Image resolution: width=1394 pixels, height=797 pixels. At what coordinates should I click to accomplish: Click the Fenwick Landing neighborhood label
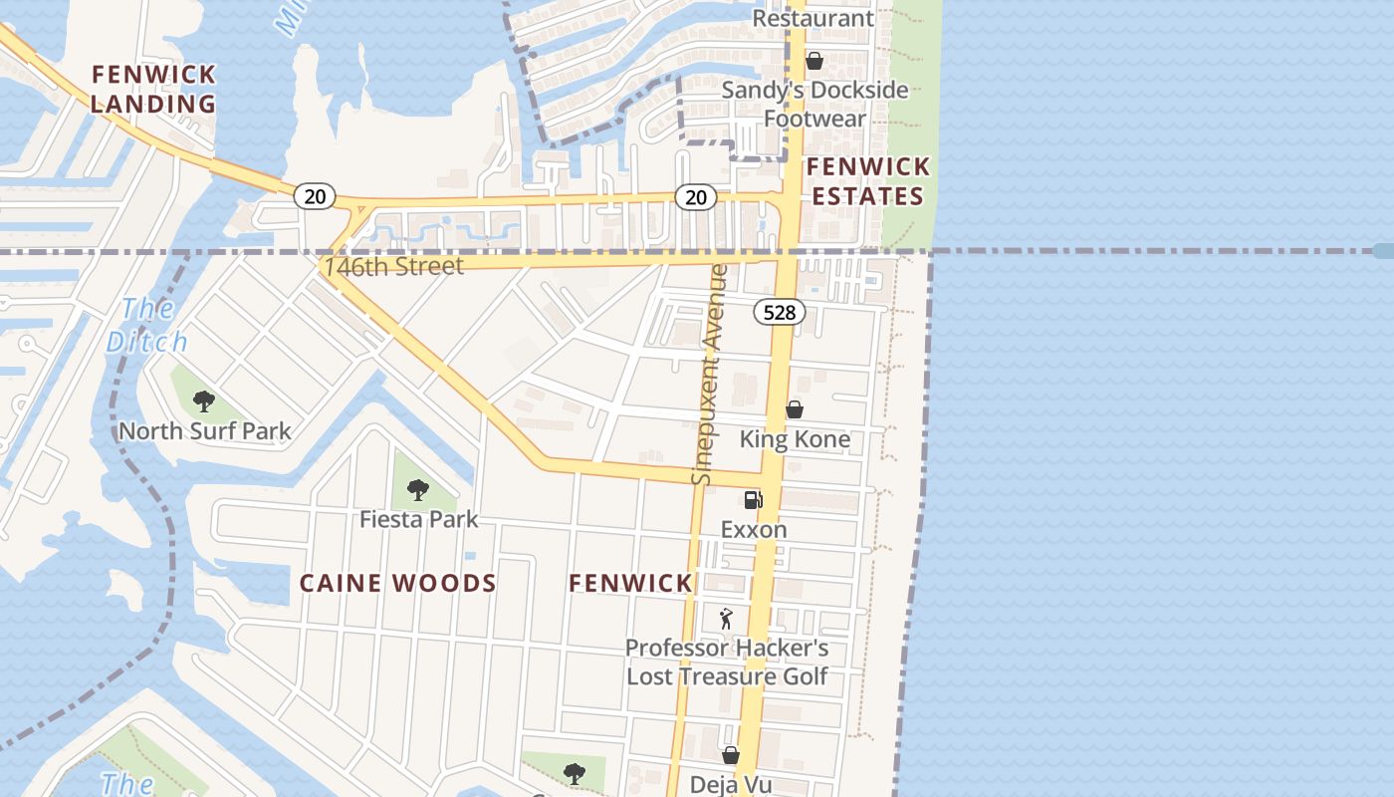153,89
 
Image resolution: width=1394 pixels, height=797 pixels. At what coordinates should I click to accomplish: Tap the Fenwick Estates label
867,180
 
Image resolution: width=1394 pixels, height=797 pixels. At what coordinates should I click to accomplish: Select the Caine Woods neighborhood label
397,583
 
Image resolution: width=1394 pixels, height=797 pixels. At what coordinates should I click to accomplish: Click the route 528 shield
779,313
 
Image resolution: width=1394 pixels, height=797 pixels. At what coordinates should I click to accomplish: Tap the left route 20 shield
315,196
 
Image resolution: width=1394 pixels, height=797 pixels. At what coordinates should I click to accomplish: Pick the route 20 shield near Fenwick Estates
696,197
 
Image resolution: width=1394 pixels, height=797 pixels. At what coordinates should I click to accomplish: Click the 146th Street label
393,266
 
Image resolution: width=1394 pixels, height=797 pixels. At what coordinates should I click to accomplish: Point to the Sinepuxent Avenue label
709,374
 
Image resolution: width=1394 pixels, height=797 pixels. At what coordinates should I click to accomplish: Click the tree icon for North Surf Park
204,401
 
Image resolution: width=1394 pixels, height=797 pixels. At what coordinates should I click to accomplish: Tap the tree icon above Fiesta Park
418,489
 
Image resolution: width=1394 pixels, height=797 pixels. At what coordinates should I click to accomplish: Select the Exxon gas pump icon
753,499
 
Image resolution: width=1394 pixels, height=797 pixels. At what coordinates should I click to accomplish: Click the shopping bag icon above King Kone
795,409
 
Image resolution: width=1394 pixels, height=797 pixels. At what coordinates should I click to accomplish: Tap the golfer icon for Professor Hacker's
726,619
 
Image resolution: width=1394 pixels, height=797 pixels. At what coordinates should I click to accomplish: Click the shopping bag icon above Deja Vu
731,755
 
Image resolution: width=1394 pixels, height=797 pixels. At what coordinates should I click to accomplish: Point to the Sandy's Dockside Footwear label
814,104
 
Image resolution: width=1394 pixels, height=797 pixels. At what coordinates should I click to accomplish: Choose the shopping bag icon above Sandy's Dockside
814,61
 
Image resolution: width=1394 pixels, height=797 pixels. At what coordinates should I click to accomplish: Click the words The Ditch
147,325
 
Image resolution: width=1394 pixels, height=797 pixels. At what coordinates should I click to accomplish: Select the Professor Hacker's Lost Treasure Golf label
727,663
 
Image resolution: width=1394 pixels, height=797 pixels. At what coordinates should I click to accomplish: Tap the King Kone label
795,439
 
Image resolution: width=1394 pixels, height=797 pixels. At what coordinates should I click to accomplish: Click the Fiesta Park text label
418,519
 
